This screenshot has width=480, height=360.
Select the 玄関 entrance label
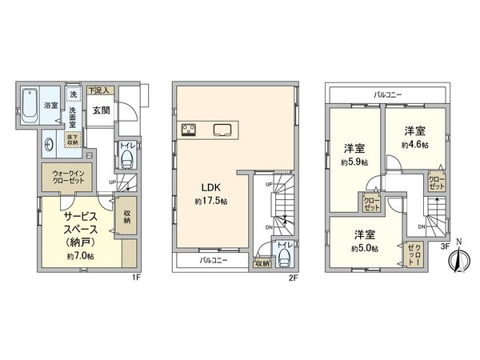click(101, 110)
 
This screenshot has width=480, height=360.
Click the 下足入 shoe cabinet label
click(99, 91)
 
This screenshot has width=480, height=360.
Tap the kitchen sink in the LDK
click(222, 130)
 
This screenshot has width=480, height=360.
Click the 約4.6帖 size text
click(415, 145)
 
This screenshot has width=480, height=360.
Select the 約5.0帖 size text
click(364, 249)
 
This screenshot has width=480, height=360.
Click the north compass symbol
click(458, 260)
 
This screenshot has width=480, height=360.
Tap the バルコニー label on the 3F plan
click(388, 94)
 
